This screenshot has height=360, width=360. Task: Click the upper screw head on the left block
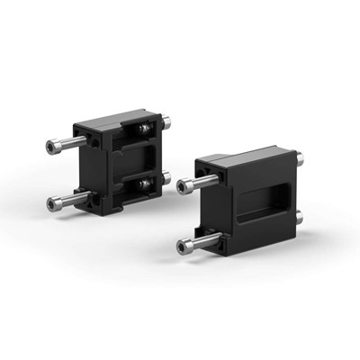pos(49,147)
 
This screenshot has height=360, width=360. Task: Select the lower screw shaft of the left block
pos(70,195)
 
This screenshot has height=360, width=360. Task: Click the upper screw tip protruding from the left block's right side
pos(170,117)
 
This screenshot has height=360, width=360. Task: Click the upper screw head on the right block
pos(185,185)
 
